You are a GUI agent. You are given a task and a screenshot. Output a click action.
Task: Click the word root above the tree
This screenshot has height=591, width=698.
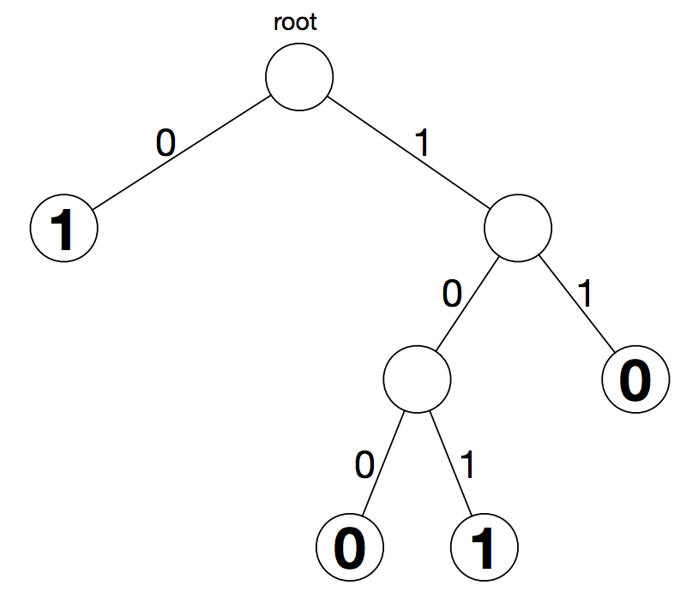[x=295, y=22]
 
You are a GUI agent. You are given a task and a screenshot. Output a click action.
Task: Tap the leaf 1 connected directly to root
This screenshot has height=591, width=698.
[x=64, y=228]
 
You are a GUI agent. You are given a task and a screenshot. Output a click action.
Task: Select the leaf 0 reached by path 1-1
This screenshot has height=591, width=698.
[x=635, y=379]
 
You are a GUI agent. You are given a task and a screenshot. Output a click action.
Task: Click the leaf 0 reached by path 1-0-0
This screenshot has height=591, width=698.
[x=350, y=547]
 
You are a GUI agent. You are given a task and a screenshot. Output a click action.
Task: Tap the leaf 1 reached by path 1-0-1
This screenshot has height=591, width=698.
[x=484, y=547]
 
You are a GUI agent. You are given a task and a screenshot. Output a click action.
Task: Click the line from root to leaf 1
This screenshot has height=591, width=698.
[x=182, y=152]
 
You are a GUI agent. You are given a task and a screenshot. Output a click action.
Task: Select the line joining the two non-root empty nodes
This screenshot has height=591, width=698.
[x=467, y=304]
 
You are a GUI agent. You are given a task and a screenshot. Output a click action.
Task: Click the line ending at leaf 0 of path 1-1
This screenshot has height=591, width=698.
[x=577, y=304]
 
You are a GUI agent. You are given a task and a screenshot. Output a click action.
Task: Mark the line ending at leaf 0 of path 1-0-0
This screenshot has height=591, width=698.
[x=383, y=463]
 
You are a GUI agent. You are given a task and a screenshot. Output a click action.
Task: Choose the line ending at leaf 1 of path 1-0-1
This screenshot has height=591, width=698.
[x=450, y=463]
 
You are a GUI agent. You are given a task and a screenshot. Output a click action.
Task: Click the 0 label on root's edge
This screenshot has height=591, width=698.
[x=165, y=143]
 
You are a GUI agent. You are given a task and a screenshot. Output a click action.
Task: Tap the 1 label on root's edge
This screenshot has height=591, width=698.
[x=422, y=143]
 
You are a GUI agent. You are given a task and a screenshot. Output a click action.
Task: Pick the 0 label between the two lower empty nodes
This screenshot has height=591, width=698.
[x=452, y=294]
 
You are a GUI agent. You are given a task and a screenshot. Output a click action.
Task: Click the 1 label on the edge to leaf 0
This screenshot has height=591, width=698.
[x=584, y=294]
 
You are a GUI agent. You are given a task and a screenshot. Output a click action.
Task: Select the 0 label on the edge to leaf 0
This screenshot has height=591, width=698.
[x=364, y=465]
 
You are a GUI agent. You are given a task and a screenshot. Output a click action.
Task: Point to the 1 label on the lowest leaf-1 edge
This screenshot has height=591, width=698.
[x=467, y=465]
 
